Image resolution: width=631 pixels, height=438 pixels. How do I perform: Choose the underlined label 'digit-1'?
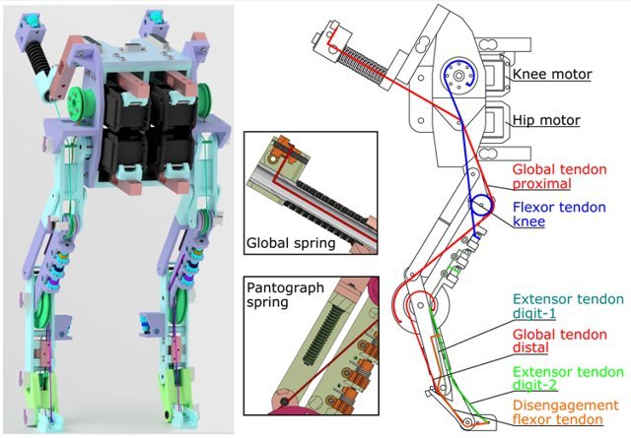click(x=536, y=314)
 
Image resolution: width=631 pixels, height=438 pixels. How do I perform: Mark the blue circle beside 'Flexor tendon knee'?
click(x=483, y=207)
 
